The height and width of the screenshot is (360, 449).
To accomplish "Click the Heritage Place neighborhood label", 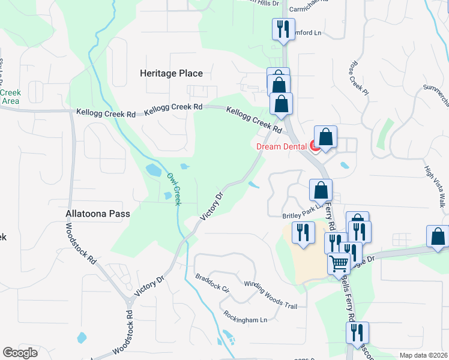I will (x=171, y=73).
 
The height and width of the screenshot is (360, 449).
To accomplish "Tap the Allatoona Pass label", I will (x=98, y=213).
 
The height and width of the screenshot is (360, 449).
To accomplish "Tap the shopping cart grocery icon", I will (x=339, y=262).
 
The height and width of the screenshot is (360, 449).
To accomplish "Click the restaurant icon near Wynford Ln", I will (x=282, y=28).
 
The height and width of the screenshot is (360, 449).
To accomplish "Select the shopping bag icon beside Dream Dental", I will (x=325, y=137).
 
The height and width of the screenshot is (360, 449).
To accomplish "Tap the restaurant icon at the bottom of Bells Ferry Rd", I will (x=357, y=332).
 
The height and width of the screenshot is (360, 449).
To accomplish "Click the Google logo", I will (x=20, y=353).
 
